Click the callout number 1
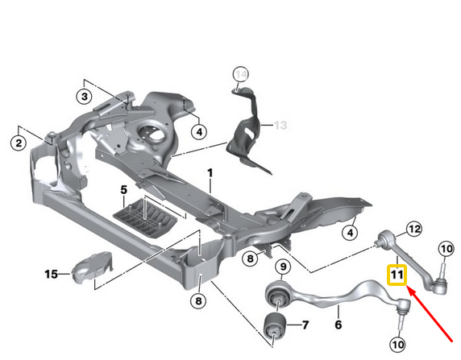point(210,173)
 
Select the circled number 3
point(83,97)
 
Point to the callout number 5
point(124,190)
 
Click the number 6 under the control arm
point(338,325)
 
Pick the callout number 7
point(305,325)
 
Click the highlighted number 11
point(397,275)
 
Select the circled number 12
point(413,229)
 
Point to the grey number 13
point(280,126)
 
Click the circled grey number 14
point(239,76)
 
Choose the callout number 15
point(52,275)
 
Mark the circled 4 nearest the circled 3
point(198,130)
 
